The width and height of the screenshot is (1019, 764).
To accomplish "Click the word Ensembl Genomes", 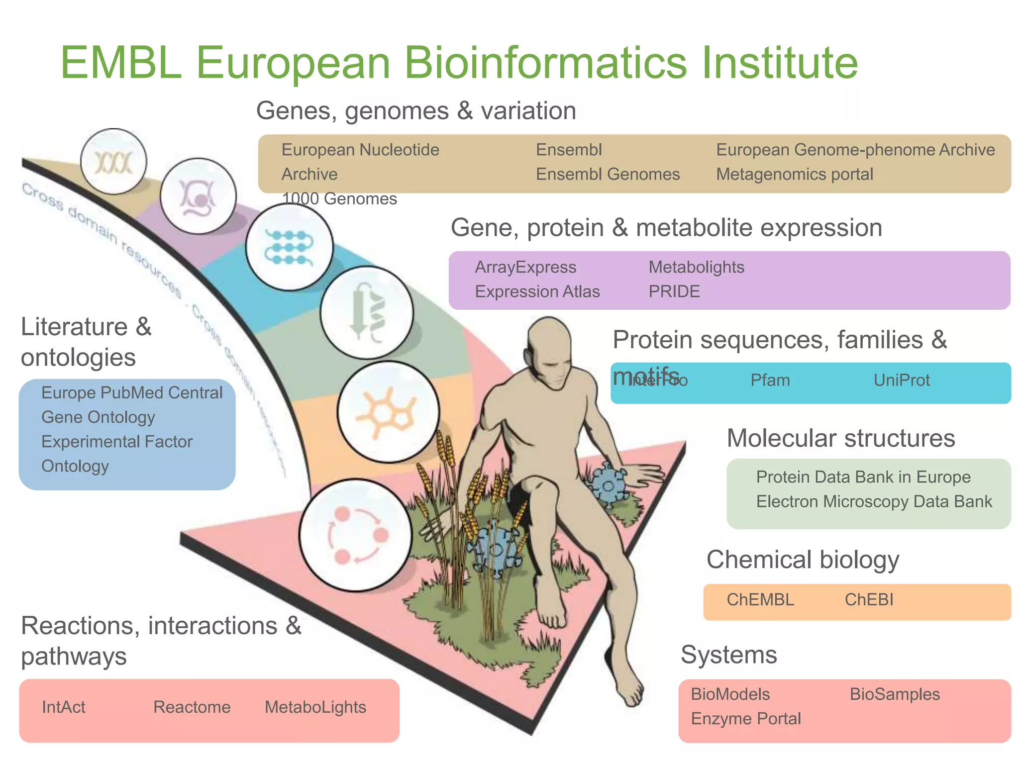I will point(608,174).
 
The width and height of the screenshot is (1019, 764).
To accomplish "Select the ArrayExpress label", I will point(525,267).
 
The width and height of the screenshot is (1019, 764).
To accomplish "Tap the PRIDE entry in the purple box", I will point(674,291).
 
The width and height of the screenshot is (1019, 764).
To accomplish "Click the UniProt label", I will point(902,381).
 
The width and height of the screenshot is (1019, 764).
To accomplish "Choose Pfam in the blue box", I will point(770,381).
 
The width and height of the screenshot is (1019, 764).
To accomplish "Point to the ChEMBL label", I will point(760,600).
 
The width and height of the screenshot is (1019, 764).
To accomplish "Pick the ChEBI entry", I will point(869,600).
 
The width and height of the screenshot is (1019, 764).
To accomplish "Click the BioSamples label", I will point(895,694).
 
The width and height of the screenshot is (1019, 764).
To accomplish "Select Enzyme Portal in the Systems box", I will point(746,719).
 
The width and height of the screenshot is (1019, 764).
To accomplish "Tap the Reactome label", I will point(192,707).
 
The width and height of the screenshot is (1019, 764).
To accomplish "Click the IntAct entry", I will point(64,707).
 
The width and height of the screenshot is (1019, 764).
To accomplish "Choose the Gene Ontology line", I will point(98,417).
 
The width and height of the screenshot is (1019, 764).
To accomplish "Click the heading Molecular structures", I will point(841,439).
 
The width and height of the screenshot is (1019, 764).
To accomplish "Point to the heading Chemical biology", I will point(803,560).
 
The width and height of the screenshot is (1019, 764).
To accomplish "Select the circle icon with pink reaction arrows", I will point(355,535).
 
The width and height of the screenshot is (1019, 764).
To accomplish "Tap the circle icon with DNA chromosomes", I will point(113,162).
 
